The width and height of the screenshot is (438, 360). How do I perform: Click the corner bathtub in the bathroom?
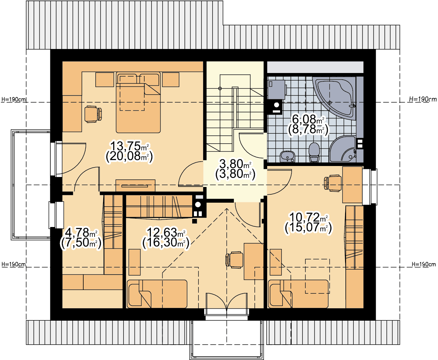(x=334, y=98)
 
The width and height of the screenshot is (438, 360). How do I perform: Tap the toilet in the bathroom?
(x=314, y=152)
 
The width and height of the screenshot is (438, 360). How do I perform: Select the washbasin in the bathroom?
(x=287, y=156)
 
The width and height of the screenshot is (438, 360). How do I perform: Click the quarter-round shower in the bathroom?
(x=343, y=149)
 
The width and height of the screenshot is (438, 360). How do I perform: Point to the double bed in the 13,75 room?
(x=138, y=102)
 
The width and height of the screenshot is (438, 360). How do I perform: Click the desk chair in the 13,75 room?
(x=93, y=114)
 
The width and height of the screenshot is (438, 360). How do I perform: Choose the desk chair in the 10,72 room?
(x=333, y=183)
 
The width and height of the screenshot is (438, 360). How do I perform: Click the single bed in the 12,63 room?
(x=157, y=294)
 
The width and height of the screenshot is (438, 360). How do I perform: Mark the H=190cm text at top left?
(x=14, y=99)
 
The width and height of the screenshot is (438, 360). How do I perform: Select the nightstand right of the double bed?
(x=171, y=80)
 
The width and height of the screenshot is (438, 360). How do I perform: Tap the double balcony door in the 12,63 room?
(x=226, y=301)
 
